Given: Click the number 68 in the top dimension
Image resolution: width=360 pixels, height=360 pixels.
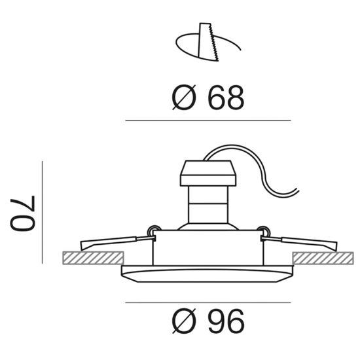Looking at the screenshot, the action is (x=226, y=98).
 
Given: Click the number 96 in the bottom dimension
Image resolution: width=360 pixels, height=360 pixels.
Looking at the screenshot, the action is (x=226, y=321).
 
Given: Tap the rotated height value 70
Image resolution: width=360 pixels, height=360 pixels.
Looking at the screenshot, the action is (x=22, y=213).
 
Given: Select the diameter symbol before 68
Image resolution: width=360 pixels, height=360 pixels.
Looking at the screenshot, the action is (x=184, y=98).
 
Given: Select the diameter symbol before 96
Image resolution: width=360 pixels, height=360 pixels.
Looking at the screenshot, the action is (x=184, y=321).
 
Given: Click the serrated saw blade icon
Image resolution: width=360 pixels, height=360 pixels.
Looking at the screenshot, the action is (x=207, y=42).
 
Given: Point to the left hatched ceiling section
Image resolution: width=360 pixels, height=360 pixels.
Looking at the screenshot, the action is (x=93, y=258).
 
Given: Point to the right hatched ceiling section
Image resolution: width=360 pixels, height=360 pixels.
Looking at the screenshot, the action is (x=323, y=258).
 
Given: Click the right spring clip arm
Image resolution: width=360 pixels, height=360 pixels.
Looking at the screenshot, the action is (x=300, y=242).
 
